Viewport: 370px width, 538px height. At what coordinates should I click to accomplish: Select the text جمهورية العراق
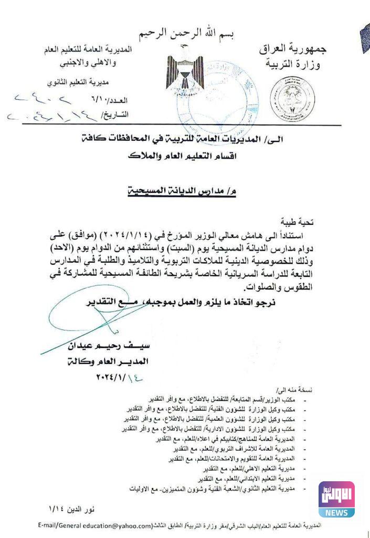click(293, 49)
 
